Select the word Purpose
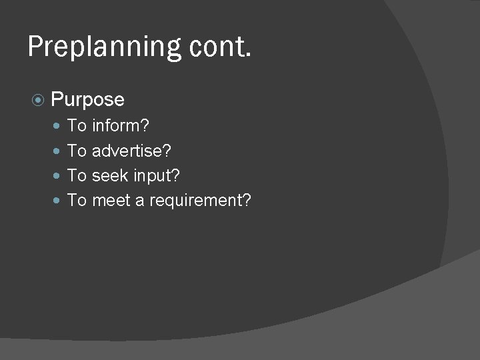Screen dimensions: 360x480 pos(87,100)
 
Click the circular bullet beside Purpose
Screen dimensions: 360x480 pos(38,100)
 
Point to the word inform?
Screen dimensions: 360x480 pos(121,125)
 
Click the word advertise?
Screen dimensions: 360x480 pos(131,151)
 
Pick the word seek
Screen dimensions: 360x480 pos(110,175)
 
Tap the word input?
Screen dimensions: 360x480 pos(157,176)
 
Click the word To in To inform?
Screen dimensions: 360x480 pos(77,125)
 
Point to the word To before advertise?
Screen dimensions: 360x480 pos(77,151)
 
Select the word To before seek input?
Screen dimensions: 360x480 pos(77,175)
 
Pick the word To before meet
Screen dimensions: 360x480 pos(77,201)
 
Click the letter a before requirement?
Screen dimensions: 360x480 pos(140,201)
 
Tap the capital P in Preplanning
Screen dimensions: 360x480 pos(35,47)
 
